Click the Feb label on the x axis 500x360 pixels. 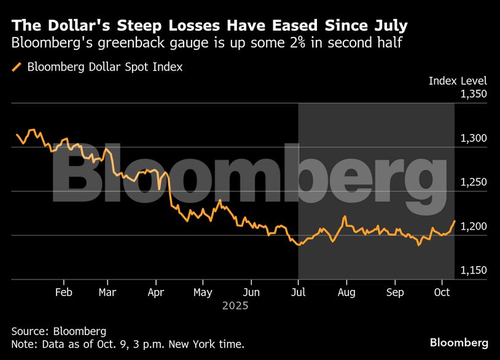coord(63,292)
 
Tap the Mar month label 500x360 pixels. coord(107,292)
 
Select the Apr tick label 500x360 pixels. coord(155,292)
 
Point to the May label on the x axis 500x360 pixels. coord(203,292)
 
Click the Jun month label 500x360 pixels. coord(251,292)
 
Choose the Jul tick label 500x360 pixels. coord(299,292)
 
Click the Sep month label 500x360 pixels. coord(396,292)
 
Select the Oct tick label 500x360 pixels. coord(442,292)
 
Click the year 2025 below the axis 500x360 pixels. coord(236,305)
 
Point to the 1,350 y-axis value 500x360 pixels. coord(473,95)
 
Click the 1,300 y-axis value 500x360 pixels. coord(473,139)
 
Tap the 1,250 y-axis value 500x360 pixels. coord(473,182)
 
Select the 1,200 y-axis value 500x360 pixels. coord(473,227)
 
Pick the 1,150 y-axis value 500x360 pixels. coord(473,271)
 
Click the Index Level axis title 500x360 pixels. coord(458,81)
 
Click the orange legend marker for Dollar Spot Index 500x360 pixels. coord(17,67)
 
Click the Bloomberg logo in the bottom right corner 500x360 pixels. coord(459,342)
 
